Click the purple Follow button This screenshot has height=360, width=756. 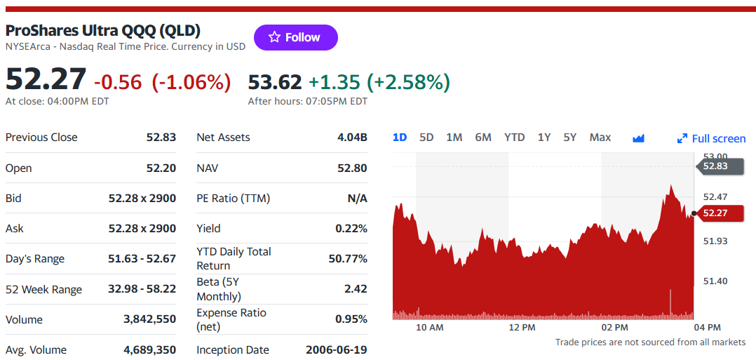295,38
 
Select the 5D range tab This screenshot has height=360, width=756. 426,138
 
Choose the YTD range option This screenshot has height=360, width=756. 515,138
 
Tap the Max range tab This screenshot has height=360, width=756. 600,138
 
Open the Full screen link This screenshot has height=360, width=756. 711,139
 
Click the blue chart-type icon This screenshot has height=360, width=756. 638,138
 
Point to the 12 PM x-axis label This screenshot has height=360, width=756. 522,328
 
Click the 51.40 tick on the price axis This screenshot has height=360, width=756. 715,281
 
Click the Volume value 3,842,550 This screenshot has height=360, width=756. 149,319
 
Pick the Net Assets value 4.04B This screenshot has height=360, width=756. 353,138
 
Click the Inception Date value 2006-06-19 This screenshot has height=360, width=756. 337,350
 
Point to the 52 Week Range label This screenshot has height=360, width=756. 44,290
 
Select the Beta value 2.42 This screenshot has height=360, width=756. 356,289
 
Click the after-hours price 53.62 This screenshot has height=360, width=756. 275,83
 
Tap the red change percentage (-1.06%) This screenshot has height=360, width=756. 191,83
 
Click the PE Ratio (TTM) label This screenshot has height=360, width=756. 234,199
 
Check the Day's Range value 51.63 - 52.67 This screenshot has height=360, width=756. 142,259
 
